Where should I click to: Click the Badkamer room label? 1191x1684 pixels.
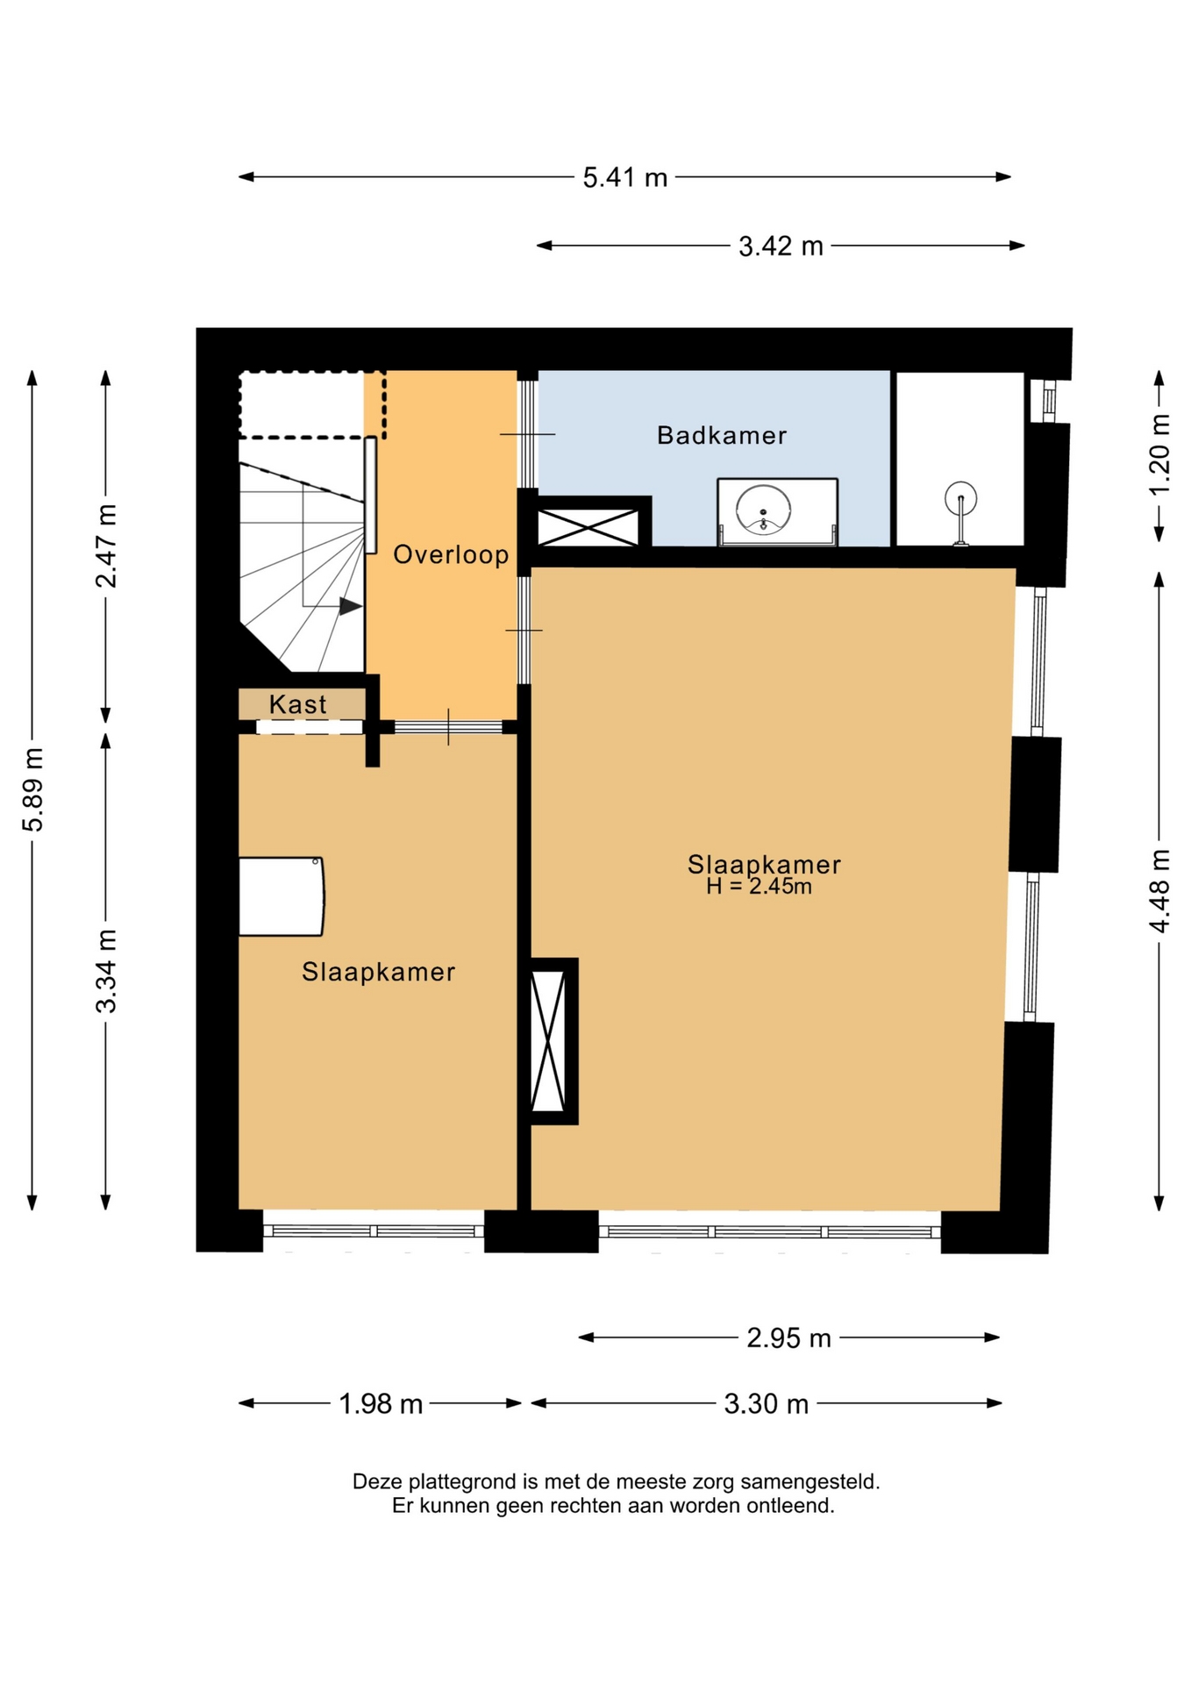[721, 435]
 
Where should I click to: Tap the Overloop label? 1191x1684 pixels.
[451, 554]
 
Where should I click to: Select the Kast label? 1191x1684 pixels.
[298, 703]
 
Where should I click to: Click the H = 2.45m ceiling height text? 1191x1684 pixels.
[759, 887]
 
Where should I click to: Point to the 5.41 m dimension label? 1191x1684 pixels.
[625, 178]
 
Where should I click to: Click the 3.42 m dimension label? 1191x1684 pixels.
[781, 246]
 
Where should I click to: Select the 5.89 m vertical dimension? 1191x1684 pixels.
[33, 789]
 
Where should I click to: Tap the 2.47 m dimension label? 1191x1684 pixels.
[106, 546]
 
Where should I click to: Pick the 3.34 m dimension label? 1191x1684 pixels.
[106, 971]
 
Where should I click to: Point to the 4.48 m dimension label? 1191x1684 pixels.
[1159, 891]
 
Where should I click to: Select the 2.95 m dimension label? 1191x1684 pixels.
[788, 1338]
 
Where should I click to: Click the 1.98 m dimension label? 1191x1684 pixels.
[381, 1404]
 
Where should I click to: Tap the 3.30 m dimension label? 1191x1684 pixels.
[766, 1404]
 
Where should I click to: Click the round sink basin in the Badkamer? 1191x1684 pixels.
[763, 510]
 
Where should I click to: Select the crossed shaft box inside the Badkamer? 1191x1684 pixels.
[588, 527]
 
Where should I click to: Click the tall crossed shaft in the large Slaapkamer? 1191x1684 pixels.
[549, 1041]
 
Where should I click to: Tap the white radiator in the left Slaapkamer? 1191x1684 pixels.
[282, 896]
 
